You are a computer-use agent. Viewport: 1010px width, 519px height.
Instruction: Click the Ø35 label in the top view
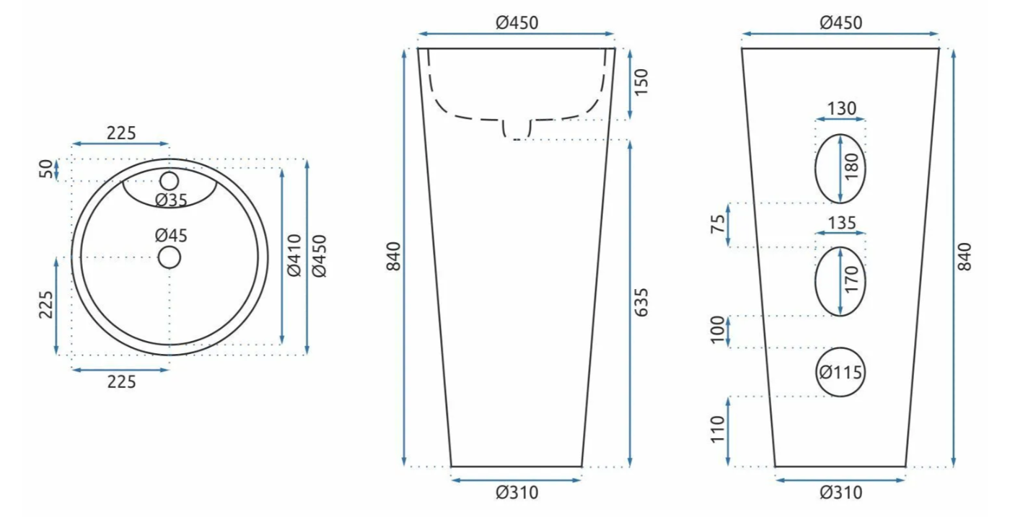click(171, 200)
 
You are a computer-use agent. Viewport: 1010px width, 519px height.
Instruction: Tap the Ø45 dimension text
click(171, 235)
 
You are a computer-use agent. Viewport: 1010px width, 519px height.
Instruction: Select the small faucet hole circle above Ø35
click(170, 181)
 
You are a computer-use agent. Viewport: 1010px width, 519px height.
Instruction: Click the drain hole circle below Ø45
click(170, 257)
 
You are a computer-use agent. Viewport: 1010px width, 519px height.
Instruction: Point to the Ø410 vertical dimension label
click(294, 255)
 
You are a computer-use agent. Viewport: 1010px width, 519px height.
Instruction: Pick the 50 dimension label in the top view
click(46, 169)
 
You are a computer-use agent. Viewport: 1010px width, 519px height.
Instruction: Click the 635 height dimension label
click(641, 302)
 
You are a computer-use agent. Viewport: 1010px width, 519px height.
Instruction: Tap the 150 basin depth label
click(641, 82)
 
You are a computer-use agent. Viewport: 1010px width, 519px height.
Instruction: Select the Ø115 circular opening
click(840, 372)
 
